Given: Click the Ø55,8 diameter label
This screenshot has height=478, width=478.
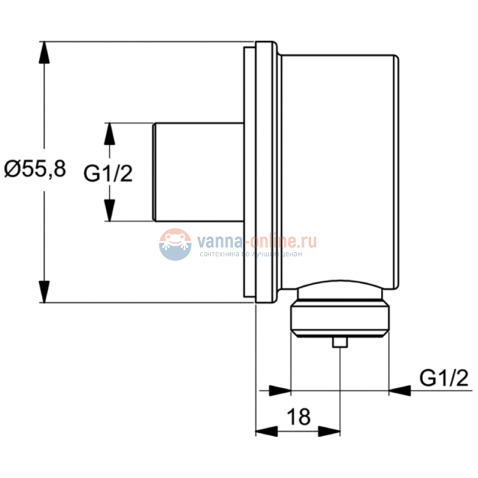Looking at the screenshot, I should click(35, 170).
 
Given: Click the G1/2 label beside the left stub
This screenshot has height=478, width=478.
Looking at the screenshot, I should click(107, 174).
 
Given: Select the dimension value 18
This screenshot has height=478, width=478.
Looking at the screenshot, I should click(298, 417).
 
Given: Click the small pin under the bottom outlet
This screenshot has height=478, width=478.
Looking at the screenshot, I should click(340, 342).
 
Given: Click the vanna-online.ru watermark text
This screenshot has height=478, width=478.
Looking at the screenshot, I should click(254, 240).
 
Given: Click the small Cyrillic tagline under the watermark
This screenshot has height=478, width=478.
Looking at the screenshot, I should click(251, 254).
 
